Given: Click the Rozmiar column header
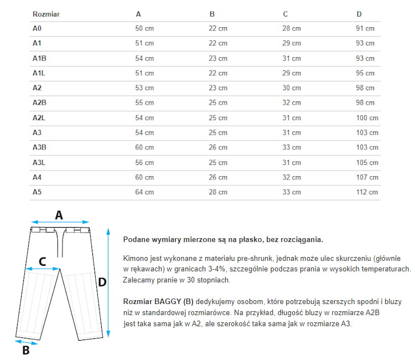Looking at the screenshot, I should tap(46, 14).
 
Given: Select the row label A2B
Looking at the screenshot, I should tap(40, 102).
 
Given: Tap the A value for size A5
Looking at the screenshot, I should tap(144, 192).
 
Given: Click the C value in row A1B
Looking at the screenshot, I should tap(292, 58).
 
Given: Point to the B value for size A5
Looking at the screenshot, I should tap(218, 192).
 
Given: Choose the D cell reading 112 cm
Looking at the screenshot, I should tap(367, 192).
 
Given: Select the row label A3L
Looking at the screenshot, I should tap(39, 162).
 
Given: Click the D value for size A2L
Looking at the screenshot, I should tap(367, 117).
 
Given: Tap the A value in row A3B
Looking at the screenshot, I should tap(144, 147).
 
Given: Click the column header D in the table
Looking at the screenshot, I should tap(359, 14).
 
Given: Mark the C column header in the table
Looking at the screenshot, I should tap(285, 14).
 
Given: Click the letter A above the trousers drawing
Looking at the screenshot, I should tap(59, 215).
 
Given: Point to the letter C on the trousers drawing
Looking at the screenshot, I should tap(42, 261).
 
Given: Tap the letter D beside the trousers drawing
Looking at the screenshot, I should tap(102, 282).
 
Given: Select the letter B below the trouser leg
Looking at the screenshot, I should tap(25, 350).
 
